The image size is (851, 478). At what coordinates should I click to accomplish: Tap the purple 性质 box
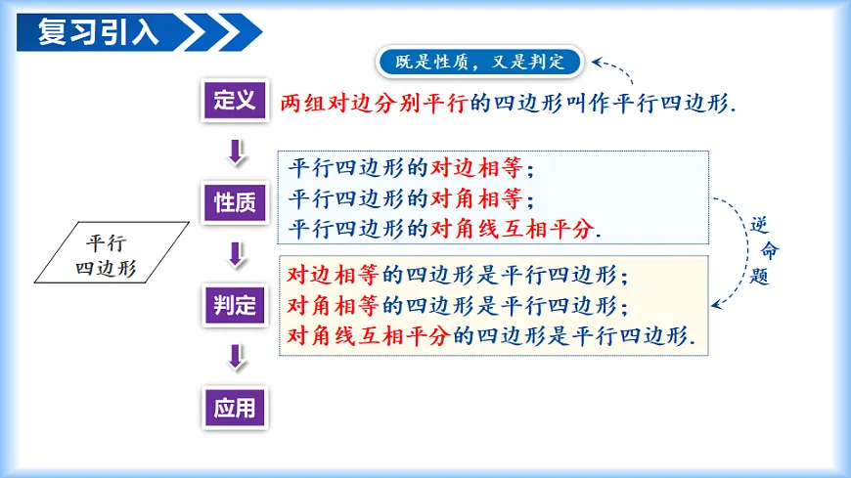tap(235, 202)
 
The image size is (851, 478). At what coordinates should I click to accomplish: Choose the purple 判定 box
tap(235, 305)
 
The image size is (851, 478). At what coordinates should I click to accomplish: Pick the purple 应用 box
tap(235, 407)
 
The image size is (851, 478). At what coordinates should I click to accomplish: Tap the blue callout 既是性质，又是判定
tap(479, 63)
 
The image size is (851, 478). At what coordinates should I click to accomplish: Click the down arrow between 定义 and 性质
tap(235, 152)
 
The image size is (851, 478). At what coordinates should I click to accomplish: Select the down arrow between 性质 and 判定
tap(235, 254)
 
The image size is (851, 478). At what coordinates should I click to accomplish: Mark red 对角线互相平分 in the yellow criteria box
tap(367, 335)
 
